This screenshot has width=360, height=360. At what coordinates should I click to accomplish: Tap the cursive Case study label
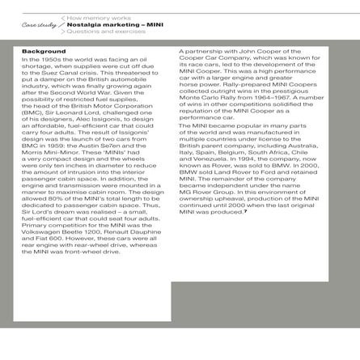click(40, 25)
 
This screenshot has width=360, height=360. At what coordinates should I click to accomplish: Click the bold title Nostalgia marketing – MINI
click(112, 25)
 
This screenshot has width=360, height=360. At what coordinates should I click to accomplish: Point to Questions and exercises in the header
click(105, 33)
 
